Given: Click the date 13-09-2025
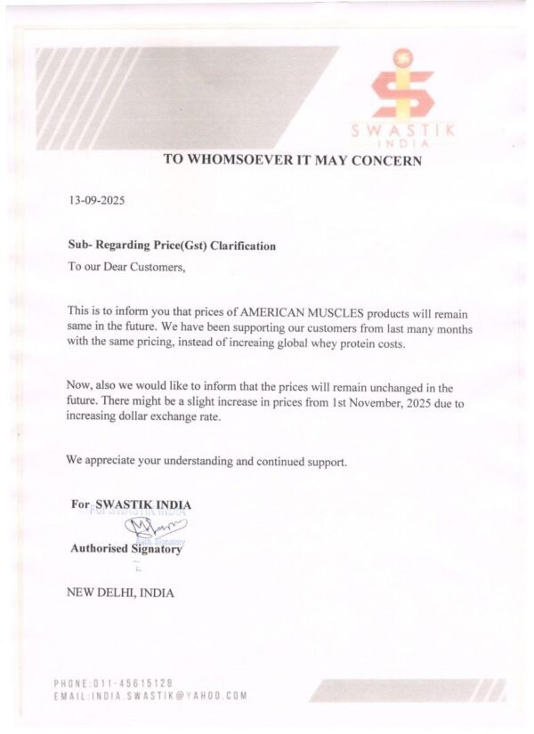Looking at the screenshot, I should [97, 200].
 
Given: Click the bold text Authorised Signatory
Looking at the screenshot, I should [126, 549].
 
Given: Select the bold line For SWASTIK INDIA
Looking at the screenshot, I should [131, 504].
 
